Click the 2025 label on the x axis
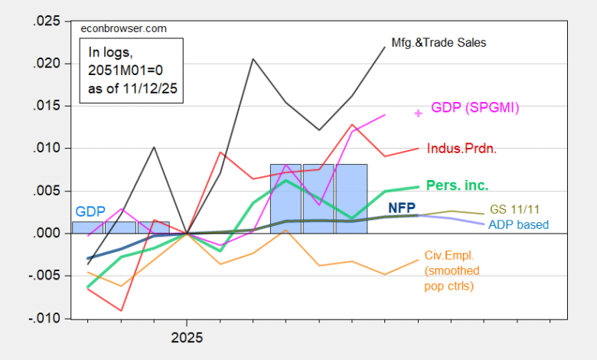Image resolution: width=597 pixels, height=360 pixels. [x=187, y=335]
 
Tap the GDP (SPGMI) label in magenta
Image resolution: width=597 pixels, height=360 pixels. [x=475, y=107]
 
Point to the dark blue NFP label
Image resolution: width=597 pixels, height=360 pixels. [x=403, y=207]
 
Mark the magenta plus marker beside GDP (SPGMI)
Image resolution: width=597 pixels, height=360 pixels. [x=418, y=113]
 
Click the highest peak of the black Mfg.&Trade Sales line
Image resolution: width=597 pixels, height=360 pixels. [x=385, y=47]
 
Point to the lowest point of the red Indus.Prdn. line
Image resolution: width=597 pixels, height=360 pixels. [x=121, y=310]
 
